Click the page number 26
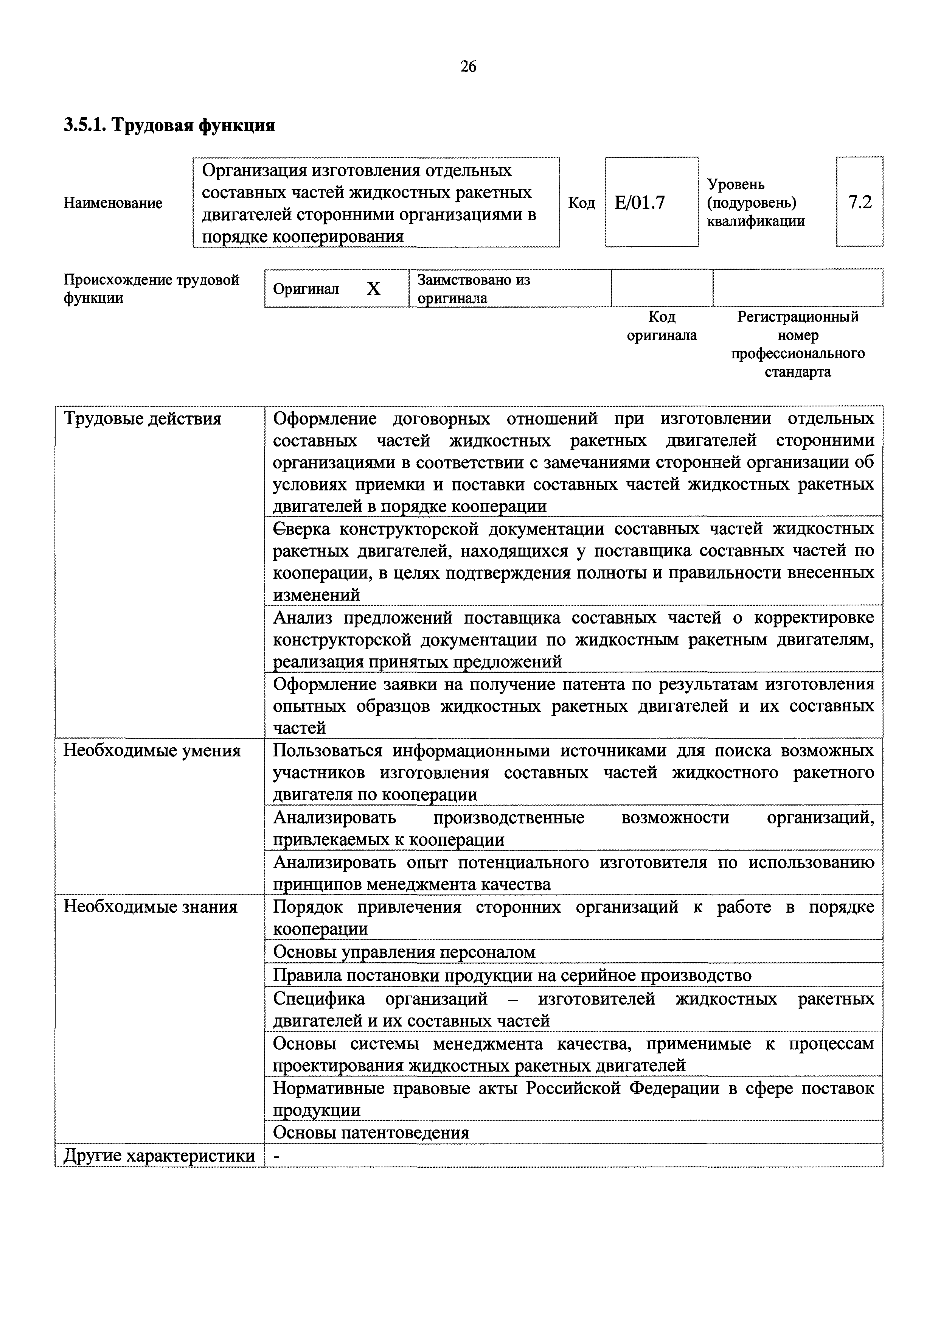(x=468, y=67)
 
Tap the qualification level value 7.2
(x=859, y=202)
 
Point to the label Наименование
(x=113, y=203)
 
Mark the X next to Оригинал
(x=374, y=288)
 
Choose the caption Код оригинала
(x=662, y=326)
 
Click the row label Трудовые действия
(x=142, y=418)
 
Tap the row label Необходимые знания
(x=150, y=906)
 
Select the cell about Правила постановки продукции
(x=512, y=975)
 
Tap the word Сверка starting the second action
(x=301, y=529)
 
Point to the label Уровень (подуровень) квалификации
(x=755, y=203)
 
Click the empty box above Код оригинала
(x=662, y=288)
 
